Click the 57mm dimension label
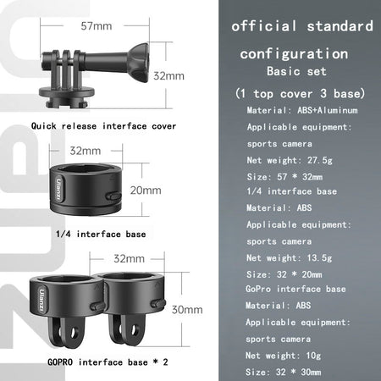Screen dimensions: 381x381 pyautogui.click(x=97, y=26)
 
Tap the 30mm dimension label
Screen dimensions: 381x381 pyautogui.click(x=187, y=310)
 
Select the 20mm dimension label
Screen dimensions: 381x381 pyautogui.click(x=146, y=190)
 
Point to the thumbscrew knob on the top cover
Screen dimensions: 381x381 pyautogui.click(x=138, y=63)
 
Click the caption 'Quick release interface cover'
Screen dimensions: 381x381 pyautogui.click(x=103, y=126)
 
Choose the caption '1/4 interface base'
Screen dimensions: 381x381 pyautogui.click(x=101, y=234)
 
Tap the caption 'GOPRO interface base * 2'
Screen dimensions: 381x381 pyautogui.click(x=108, y=362)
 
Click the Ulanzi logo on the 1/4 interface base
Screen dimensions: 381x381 pyautogui.click(x=58, y=189)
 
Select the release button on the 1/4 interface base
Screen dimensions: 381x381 pyautogui.click(x=113, y=196)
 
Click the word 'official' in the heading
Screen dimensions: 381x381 pyautogui.click(x=264, y=26)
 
